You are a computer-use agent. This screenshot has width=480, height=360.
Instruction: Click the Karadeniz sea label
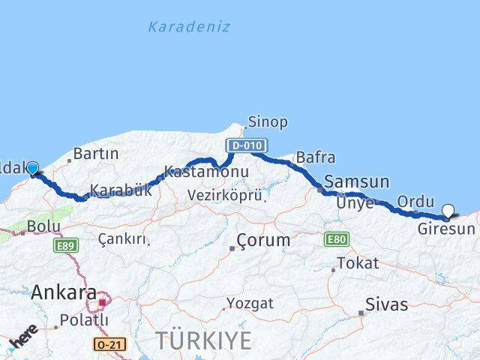point(188,27)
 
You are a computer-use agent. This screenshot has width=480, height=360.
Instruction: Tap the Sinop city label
point(268,121)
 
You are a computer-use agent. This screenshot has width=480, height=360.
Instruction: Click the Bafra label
point(315,157)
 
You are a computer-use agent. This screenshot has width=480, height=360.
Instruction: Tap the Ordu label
point(415,201)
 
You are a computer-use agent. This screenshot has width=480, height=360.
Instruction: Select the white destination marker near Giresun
point(448,211)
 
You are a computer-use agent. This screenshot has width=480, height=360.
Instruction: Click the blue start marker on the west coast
point(32,168)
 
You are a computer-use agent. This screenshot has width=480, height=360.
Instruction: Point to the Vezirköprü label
point(226,195)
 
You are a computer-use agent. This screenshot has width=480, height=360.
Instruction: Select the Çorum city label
point(262,241)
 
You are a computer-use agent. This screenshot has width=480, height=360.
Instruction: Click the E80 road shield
point(336,239)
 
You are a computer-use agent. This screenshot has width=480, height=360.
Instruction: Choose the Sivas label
point(386,304)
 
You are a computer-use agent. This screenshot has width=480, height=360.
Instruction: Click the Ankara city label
point(64,293)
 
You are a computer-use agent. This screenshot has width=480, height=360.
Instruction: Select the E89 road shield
point(66,244)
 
